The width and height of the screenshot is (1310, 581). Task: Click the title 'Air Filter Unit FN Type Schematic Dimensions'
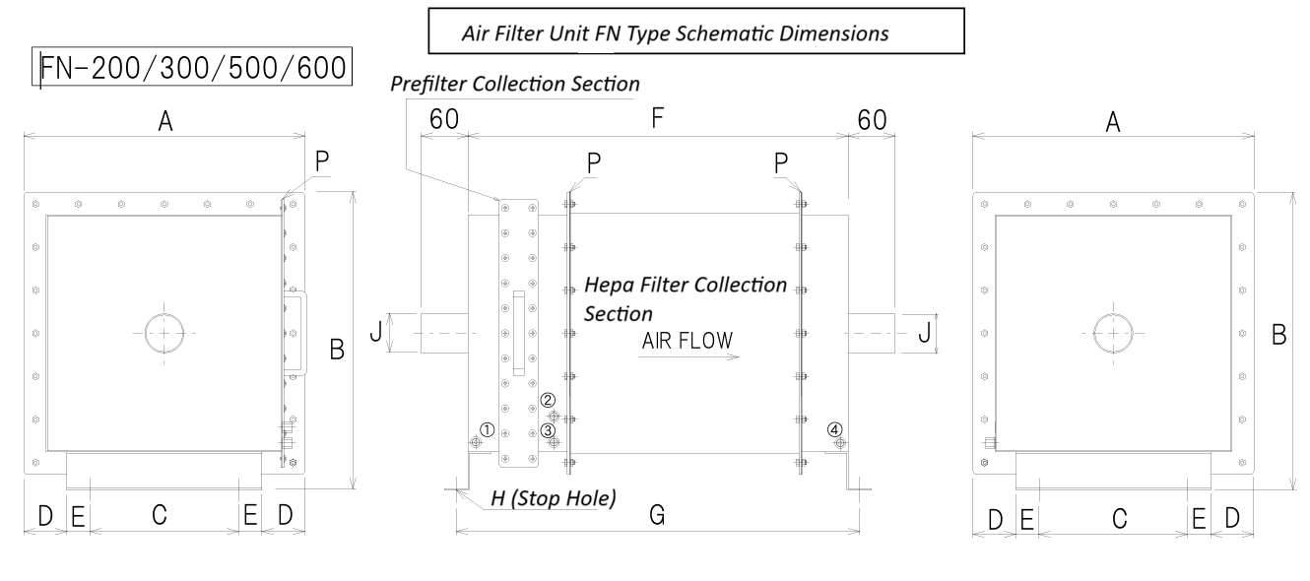coord(676,32)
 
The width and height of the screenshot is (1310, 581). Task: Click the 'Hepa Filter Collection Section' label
coord(686,299)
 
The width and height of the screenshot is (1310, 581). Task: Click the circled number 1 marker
coord(487,429)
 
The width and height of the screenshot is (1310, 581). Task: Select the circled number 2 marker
coord(549,401)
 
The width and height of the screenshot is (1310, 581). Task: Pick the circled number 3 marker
coord(549,430)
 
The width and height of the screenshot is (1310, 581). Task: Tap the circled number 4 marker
coord(835,429)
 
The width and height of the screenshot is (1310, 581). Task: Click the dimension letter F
coord(658,119)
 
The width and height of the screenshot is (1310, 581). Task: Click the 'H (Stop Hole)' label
coord(554,498)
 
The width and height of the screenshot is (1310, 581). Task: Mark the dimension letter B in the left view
coord(336,351)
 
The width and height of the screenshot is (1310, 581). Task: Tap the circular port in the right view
coord(1113,334)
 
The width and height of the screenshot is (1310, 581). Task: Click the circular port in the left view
coord(164,334)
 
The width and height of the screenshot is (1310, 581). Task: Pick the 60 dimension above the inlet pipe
coord(443,119)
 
